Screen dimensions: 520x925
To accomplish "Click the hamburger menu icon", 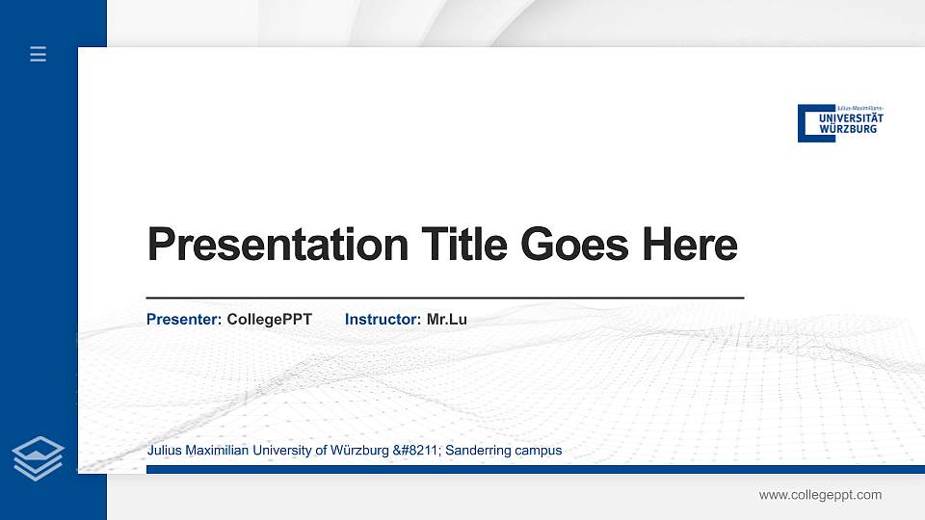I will [x=39, y=55].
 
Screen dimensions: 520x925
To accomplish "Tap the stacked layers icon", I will [x=39, y=457].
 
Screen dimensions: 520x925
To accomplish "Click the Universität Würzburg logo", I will [x=840, y=123].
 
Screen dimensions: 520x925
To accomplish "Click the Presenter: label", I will [x=184, y=319].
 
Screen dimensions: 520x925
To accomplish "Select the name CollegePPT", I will [x=270, y=319].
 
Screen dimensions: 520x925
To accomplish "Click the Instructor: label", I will [x=383, y=319].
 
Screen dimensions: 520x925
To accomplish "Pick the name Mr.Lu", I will [x=447, y=319].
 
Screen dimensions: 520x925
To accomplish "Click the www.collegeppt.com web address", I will [x=820, y=495].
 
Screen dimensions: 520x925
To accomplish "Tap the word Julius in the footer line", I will [x=165, y=450].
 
